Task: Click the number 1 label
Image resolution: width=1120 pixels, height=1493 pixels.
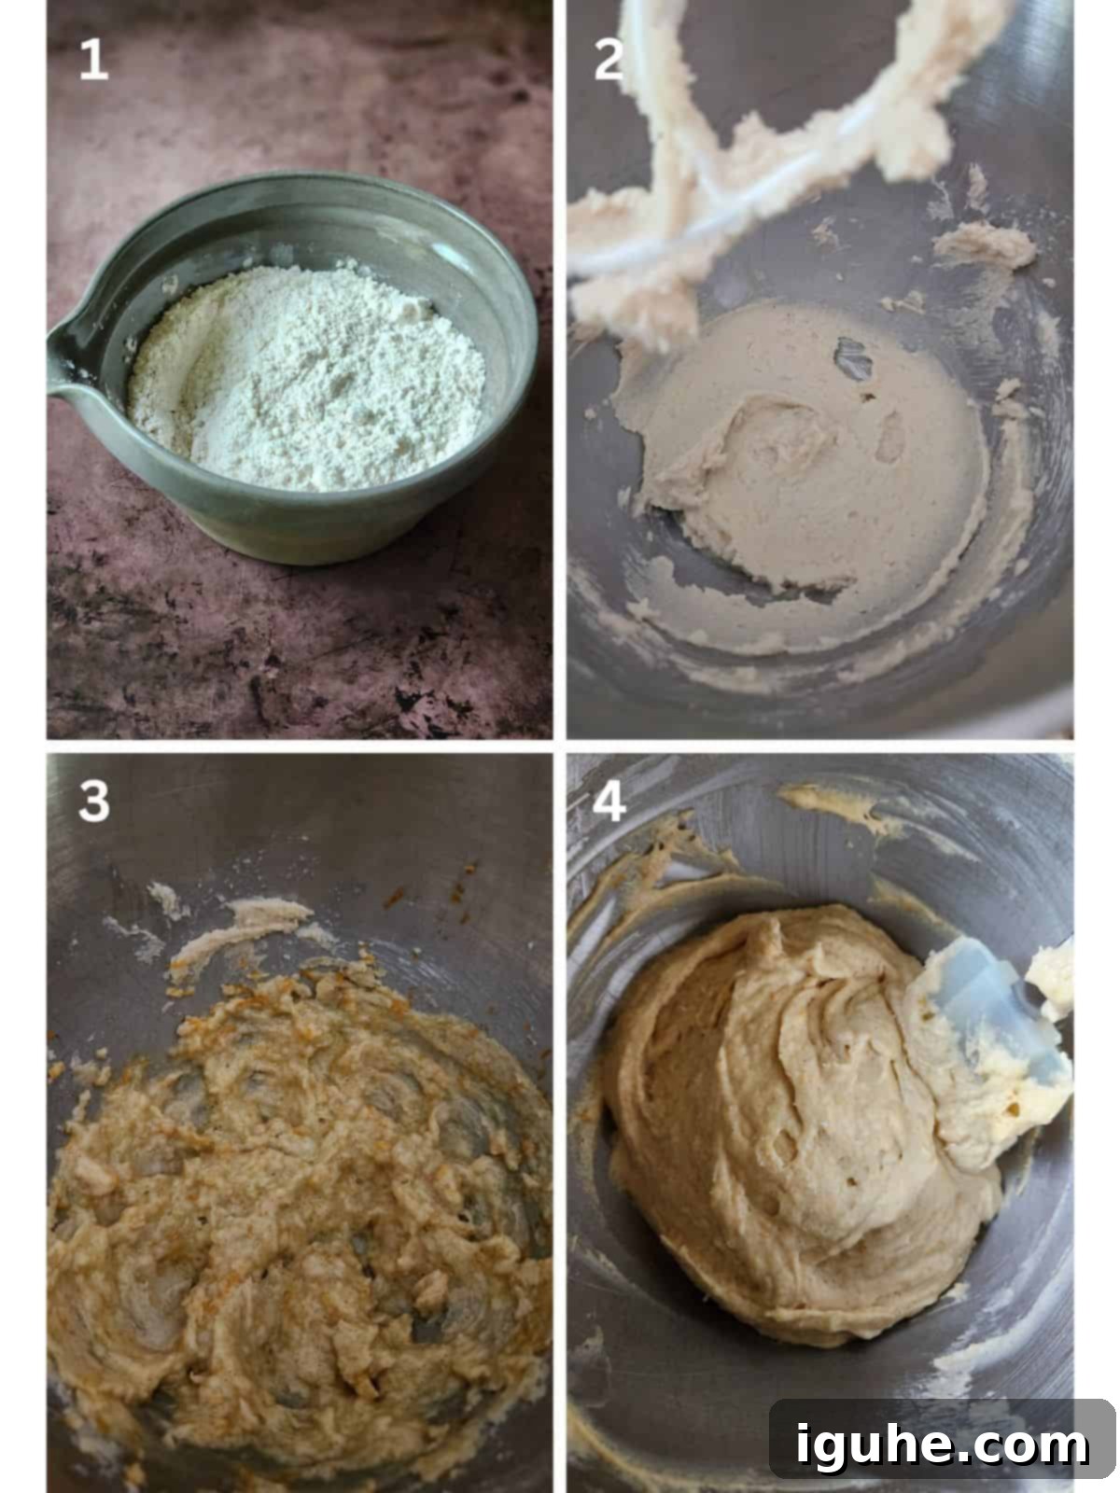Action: coord(93,59)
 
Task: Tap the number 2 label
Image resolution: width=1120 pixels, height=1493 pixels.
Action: coord(609,59)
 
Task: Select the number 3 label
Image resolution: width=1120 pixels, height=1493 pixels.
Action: coord(94,801)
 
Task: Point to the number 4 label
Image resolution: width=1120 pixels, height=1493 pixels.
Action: coord(609,801)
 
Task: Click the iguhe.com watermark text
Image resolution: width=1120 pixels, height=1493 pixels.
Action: coord(942,1444)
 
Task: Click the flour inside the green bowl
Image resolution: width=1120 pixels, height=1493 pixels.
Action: coord(307,378)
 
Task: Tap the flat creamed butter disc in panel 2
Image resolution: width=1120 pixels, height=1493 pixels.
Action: coord(803,449)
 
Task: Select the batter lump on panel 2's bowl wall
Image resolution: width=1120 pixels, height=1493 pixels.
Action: coord(984,244)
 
